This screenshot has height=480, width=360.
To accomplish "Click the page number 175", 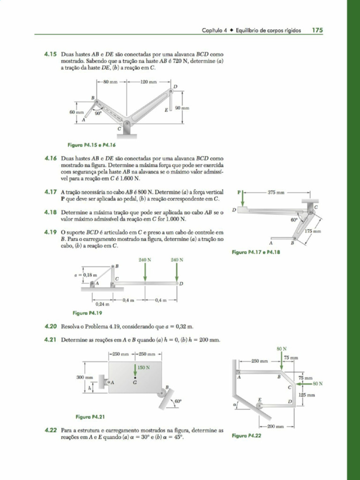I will pos(317,30).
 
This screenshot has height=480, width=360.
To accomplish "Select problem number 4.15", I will pos(51,54).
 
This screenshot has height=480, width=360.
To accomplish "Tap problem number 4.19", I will pos(51,232).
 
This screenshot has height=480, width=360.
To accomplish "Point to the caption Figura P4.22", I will pos(247,435).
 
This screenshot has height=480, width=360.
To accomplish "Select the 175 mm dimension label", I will pos(313,231).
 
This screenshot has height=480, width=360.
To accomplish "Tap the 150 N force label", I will pos(144,367).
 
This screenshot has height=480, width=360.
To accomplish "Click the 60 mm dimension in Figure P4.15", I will pos(76,112).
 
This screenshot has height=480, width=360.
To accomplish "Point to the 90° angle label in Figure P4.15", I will pos(98,113).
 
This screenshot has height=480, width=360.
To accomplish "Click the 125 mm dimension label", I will pos(307,395).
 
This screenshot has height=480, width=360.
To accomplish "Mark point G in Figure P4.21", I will pos(135,382).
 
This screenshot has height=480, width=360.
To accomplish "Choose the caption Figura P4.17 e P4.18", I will pos(256,252).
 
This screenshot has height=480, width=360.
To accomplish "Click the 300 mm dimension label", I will pos(85,377).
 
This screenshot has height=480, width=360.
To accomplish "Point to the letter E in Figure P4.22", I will pos(259,399).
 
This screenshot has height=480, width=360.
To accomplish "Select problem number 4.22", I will pos(51,429).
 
